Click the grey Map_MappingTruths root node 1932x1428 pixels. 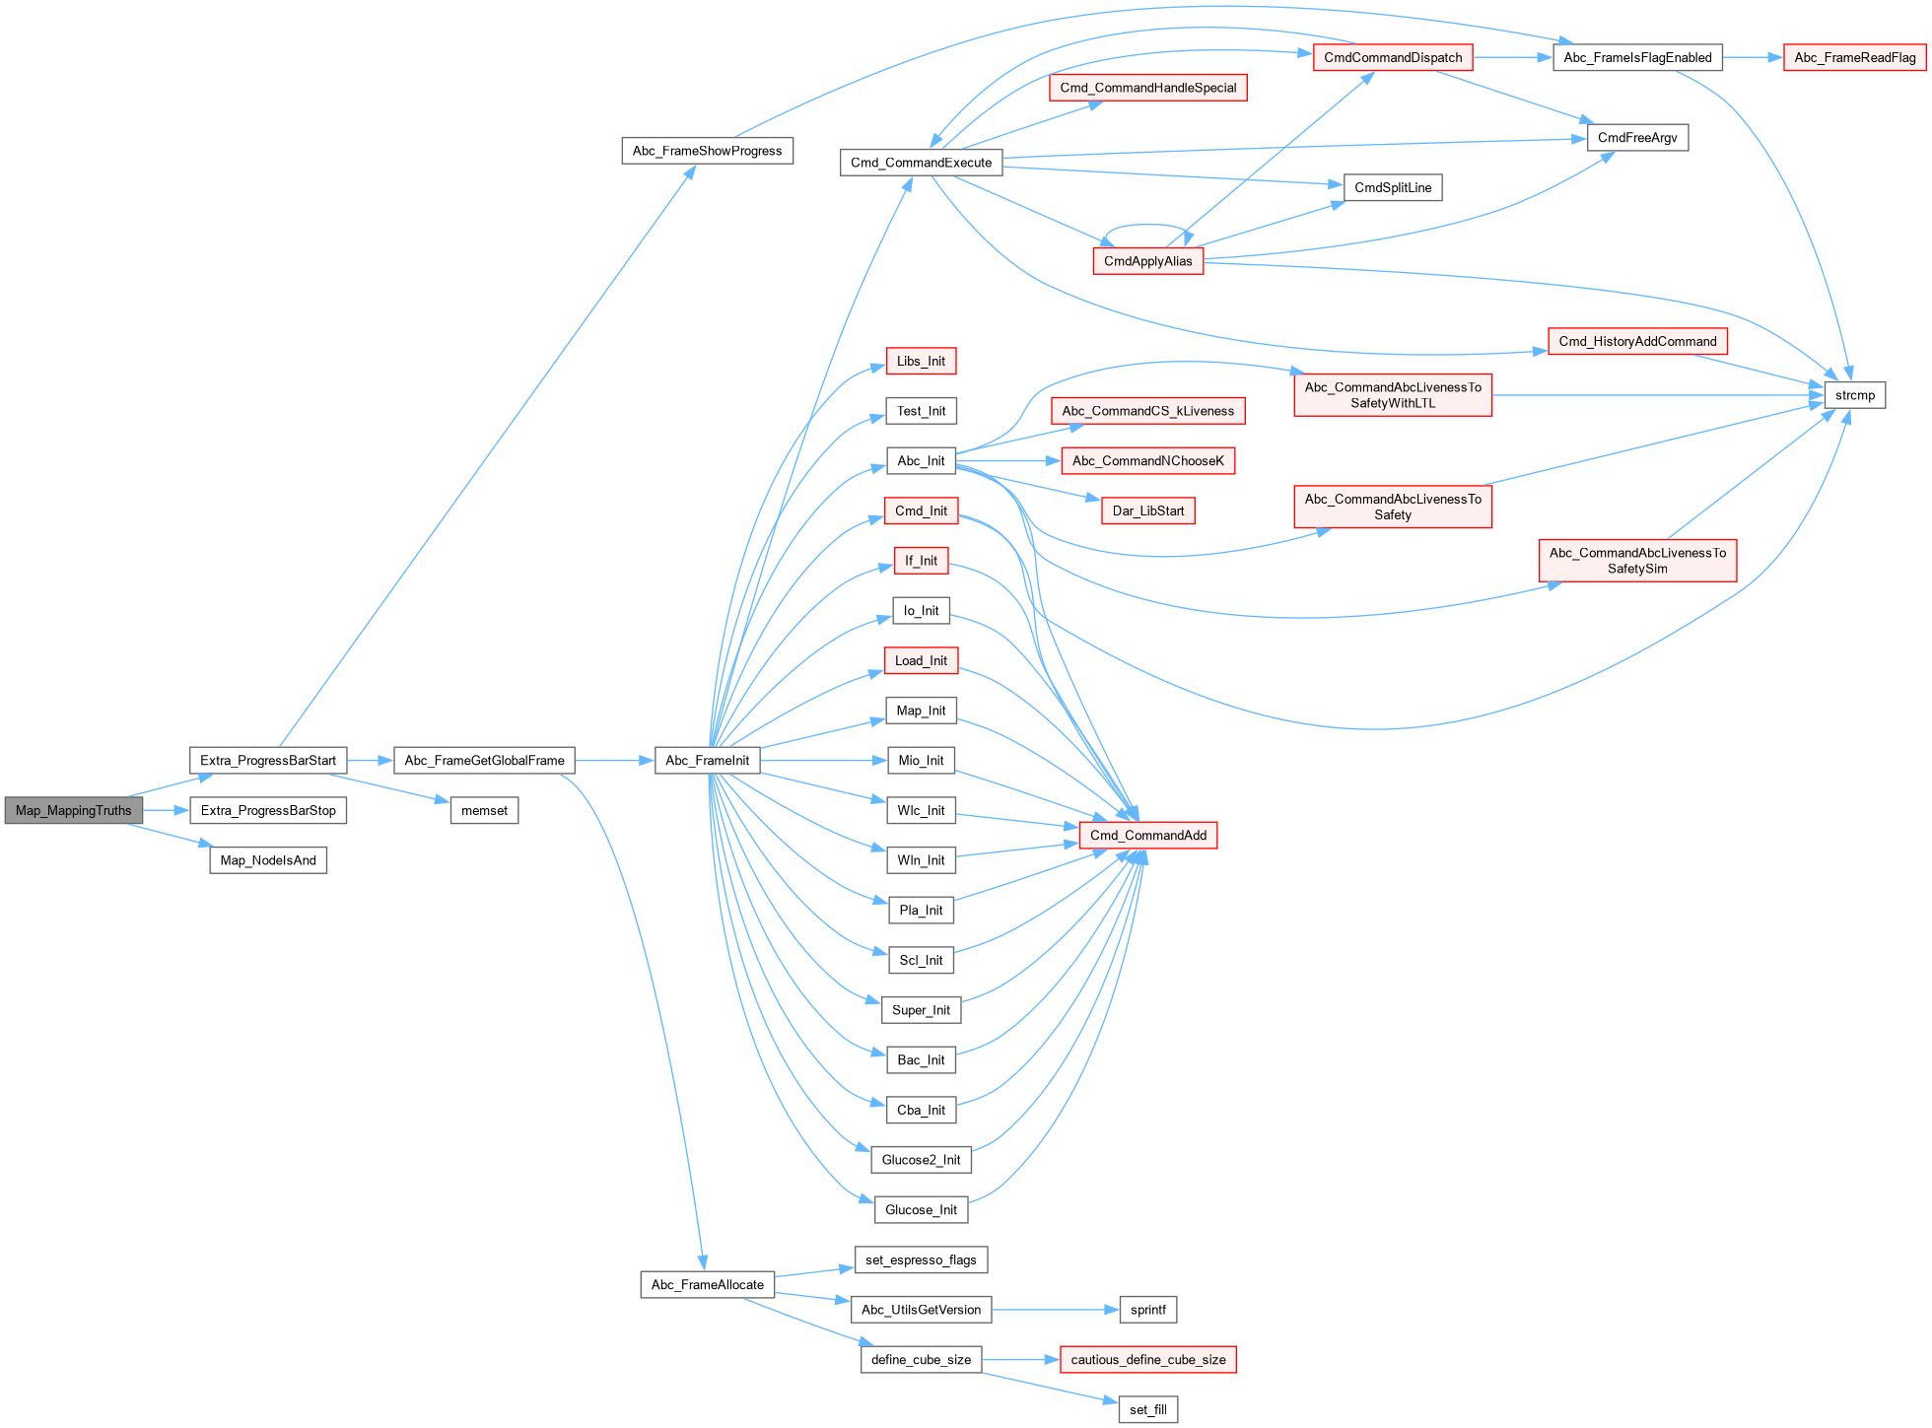[74, 810]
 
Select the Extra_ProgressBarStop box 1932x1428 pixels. [268, 810]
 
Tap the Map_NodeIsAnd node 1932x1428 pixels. [268, 860]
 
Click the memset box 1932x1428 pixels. [484, 810]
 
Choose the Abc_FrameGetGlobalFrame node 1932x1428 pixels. [484, 760]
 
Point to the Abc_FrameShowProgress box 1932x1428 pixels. [707, 151]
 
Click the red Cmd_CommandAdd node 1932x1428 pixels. [1147, 835]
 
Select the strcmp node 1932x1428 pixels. [1854, 395]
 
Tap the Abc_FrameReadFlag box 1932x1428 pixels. [1854, 57]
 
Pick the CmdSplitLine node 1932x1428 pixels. [1392, 187]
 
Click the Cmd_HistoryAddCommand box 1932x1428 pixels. [1637, 341]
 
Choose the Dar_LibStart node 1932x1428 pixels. [1147, 510]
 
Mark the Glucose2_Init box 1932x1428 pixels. [921, 1159]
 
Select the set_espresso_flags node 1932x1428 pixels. [921, 1259]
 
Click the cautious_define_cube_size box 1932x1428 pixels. [1147, 1359]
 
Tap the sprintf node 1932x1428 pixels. [1147, 1310]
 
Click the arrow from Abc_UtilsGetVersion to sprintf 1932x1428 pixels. [1055, 1310]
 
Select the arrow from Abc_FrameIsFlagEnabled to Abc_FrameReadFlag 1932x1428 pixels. [1753, 57]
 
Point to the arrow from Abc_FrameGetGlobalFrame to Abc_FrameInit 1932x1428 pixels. [615, 760]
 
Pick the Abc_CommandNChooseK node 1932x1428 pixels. [1147, 460]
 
